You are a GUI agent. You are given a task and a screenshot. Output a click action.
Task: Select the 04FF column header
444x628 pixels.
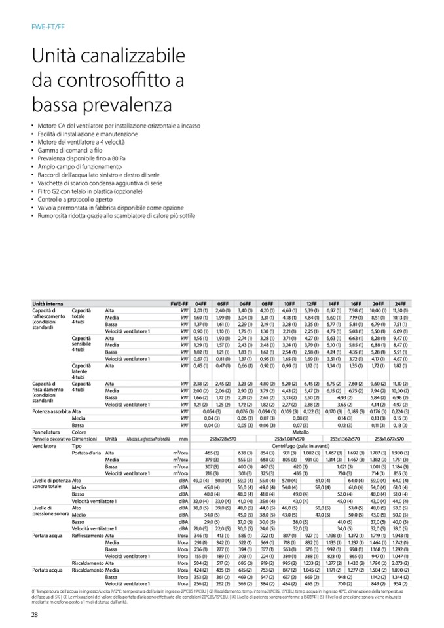(201, 304)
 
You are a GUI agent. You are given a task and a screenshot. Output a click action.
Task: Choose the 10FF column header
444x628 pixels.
(289, 304)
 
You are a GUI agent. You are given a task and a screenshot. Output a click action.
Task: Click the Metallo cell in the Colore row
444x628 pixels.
(301, 432)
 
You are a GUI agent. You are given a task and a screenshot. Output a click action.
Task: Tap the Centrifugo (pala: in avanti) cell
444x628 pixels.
(301, 445)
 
